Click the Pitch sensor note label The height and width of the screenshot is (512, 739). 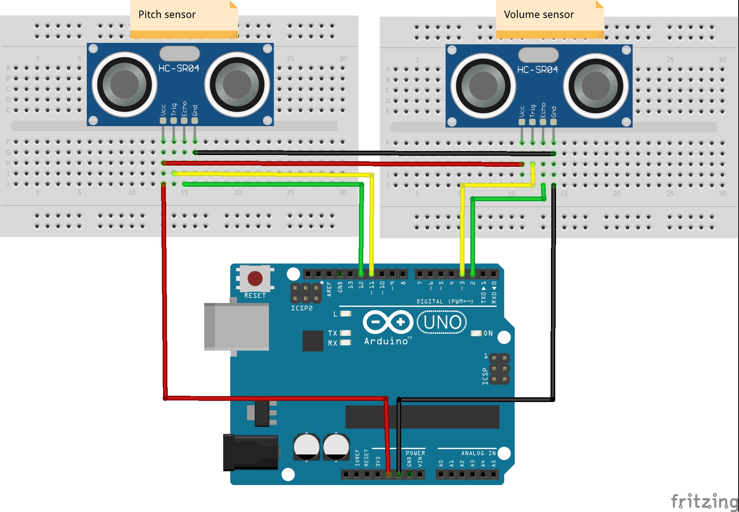click(x=167, y=15)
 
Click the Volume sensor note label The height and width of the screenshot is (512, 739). click(x=539, y=15)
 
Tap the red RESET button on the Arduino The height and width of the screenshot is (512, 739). click(x=255, y=279)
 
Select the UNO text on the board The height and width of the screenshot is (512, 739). click(x=442, y=322)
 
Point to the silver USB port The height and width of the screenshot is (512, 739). click(x=237, y=326)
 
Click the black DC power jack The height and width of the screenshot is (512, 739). click(x=250, y=452)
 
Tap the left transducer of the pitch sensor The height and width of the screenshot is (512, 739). click(x=124, y=84)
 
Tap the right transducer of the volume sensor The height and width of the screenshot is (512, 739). click(x=596, y=86)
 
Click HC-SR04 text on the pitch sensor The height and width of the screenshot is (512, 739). click(x=179, y=69)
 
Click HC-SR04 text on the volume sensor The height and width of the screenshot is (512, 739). click(x=538, y=70)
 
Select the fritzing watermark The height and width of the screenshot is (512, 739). click(x=704, y=501)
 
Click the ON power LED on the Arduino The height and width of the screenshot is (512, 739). click(x=476, y=333)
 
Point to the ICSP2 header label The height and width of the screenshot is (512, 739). click(x=301, y=308)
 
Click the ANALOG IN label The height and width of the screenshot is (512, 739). click(x=478, y=453)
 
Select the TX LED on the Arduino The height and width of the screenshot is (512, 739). click(x=345, y=333)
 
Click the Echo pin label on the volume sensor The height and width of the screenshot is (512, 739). click(x=543, y=110)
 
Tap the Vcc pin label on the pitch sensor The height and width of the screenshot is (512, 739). click(x=163, y=110)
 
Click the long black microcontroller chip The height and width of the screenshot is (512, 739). click(x=422, y=417)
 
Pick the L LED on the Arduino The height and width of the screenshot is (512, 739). click(x=346, y=314)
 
